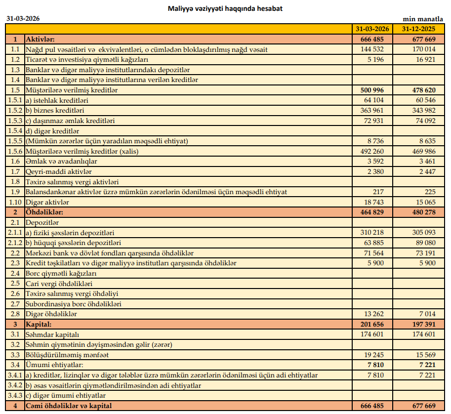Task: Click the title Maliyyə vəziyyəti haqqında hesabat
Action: click(x=225, y=8)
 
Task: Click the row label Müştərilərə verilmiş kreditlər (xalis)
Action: click(x=82, y=151)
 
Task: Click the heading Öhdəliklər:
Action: click(x=47, y=212)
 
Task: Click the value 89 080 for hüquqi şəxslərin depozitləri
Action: click(x=425, y=243)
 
